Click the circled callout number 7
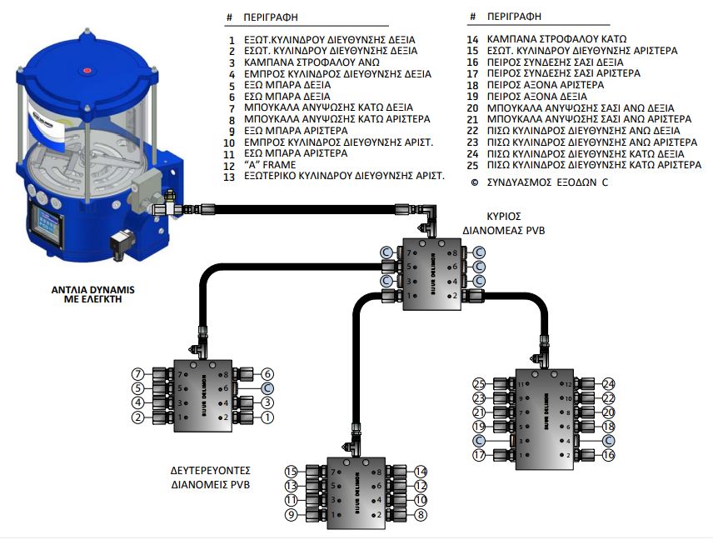click(x=138, y=374)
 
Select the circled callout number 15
click(x=291, y=472)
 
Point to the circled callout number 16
click(x=608, y=455)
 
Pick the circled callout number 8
click(x=421, y=515)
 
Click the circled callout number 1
click(x=267, y=417)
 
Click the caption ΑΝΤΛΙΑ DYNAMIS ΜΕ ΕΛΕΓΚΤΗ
click(x=92, y=297)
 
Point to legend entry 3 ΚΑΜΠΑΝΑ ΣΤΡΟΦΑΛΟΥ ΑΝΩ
click(x=310, y=62)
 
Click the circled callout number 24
click(x=608, y=384)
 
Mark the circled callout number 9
click(x=291, y=515)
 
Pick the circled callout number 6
click(x=267, y=374)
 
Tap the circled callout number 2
click(x=138, y=417)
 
